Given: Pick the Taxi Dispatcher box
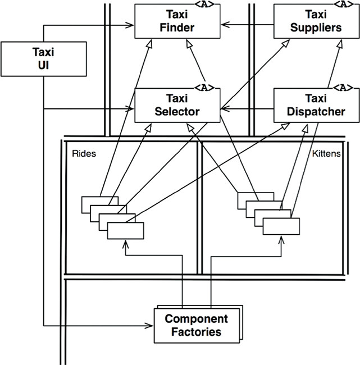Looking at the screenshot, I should click(x=312, y=104).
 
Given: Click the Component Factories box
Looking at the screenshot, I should click(x=196, y=325).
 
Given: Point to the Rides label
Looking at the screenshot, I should click(x=84, y=153).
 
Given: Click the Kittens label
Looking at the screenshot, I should click(x=326, y=153).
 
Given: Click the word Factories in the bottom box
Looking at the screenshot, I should click(x=196, y=332).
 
